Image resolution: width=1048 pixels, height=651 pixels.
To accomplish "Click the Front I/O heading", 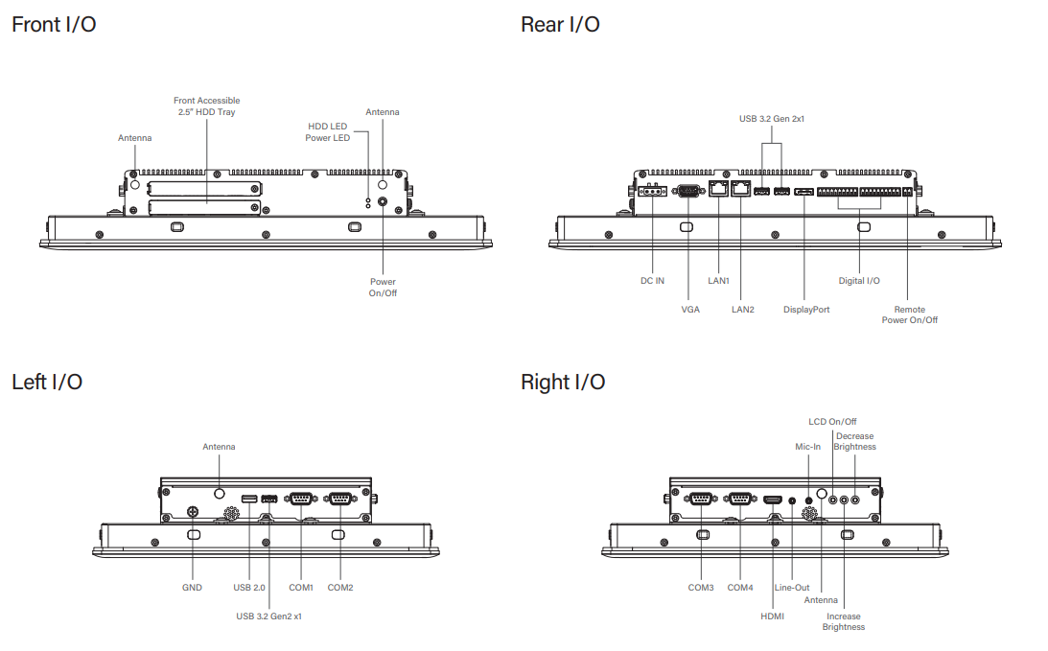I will pos(54,24).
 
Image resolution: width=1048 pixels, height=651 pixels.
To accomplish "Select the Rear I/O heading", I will pos(560,24).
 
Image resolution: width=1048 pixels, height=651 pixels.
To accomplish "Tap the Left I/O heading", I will pos(47,382).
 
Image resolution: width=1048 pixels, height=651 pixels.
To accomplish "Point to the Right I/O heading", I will pos(563,382).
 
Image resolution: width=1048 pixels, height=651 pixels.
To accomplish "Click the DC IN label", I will pos(652,281).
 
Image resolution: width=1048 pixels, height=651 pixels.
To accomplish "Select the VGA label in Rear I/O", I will pos(690,310).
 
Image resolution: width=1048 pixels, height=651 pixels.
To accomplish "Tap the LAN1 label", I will pos(719,281).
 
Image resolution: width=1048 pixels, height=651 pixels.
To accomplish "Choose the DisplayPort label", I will pos(806,310).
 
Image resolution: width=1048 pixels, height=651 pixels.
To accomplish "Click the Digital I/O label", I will pos(859,281).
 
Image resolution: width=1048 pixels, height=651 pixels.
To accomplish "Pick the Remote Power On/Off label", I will pos(910,314).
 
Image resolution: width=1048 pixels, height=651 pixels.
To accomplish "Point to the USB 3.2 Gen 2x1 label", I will pos(771,120).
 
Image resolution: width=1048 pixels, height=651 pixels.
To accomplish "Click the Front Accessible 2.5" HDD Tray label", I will pos(206,105).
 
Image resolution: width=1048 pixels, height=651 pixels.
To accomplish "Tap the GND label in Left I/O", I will pos(192,587).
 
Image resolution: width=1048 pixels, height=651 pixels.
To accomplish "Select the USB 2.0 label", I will pos(249,587).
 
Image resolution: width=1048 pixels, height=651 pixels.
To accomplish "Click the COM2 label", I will pos(340,587).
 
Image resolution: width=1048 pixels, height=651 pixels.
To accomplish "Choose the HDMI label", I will pos(773,616).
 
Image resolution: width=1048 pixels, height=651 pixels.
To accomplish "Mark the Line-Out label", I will pos(792,587).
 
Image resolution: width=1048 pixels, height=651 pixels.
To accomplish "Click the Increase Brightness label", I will pos(844,621).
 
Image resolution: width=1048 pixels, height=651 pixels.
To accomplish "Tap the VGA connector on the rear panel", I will pos(689,192).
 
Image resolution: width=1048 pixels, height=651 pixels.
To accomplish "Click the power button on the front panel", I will pos(384,202).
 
